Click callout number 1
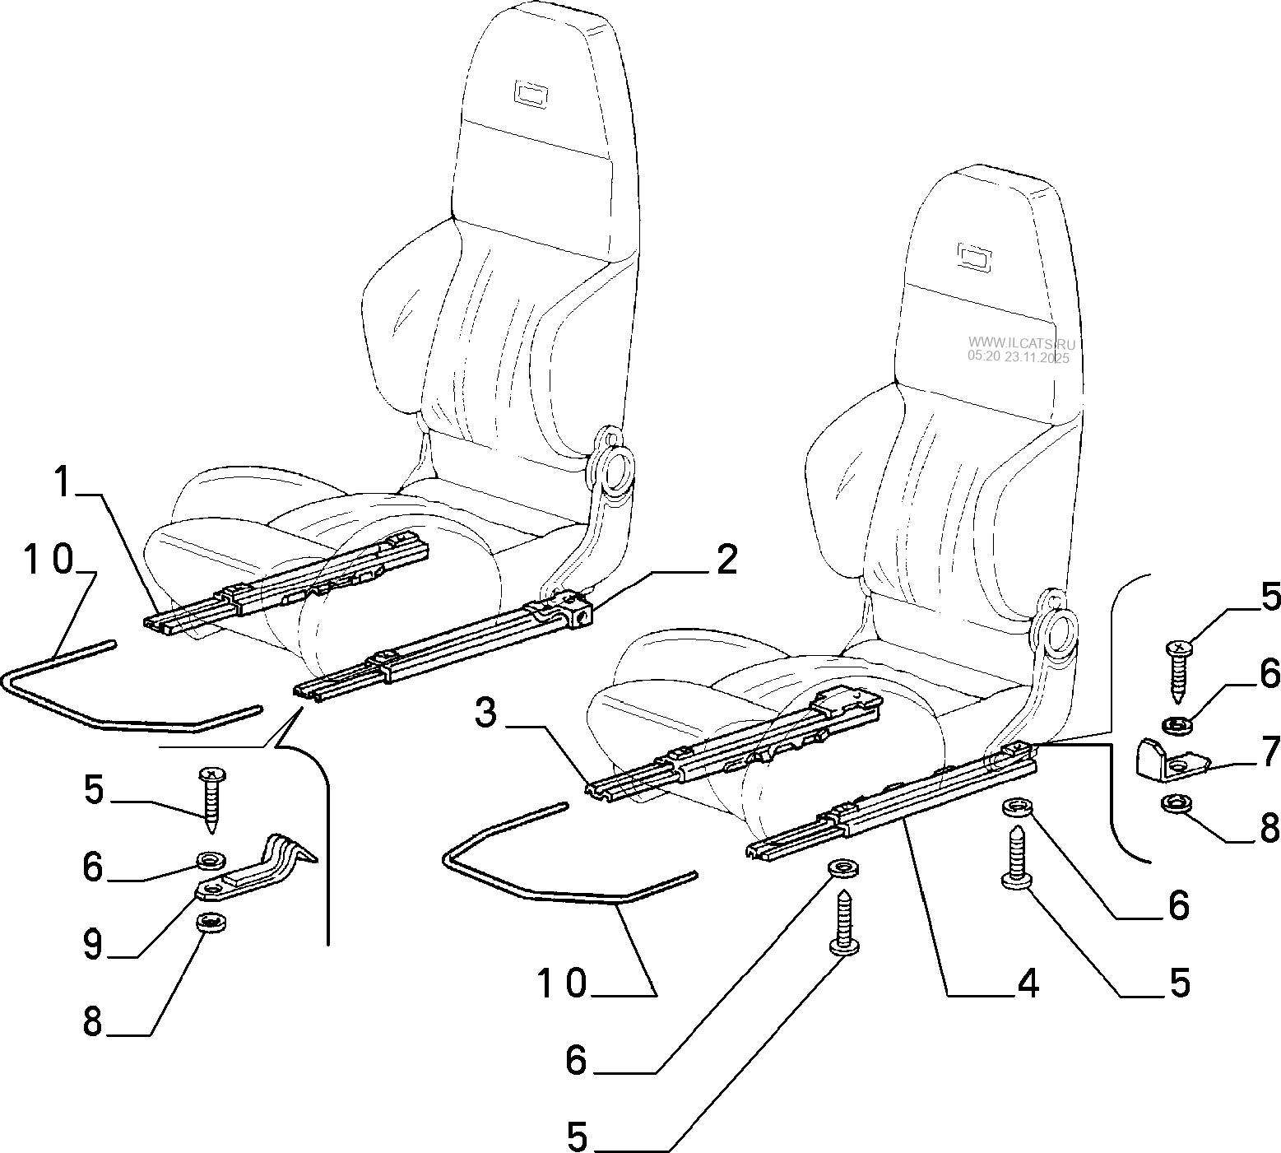[x=61, y=481]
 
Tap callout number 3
[x=486, y=713]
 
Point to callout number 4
[x=1027, y=983]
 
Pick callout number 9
[x=92, y=946]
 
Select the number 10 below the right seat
[x=563, y=983]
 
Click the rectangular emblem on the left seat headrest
[x=531, y=91]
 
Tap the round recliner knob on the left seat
[x=615, y=473]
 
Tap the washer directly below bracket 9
[x=212, y=921]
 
